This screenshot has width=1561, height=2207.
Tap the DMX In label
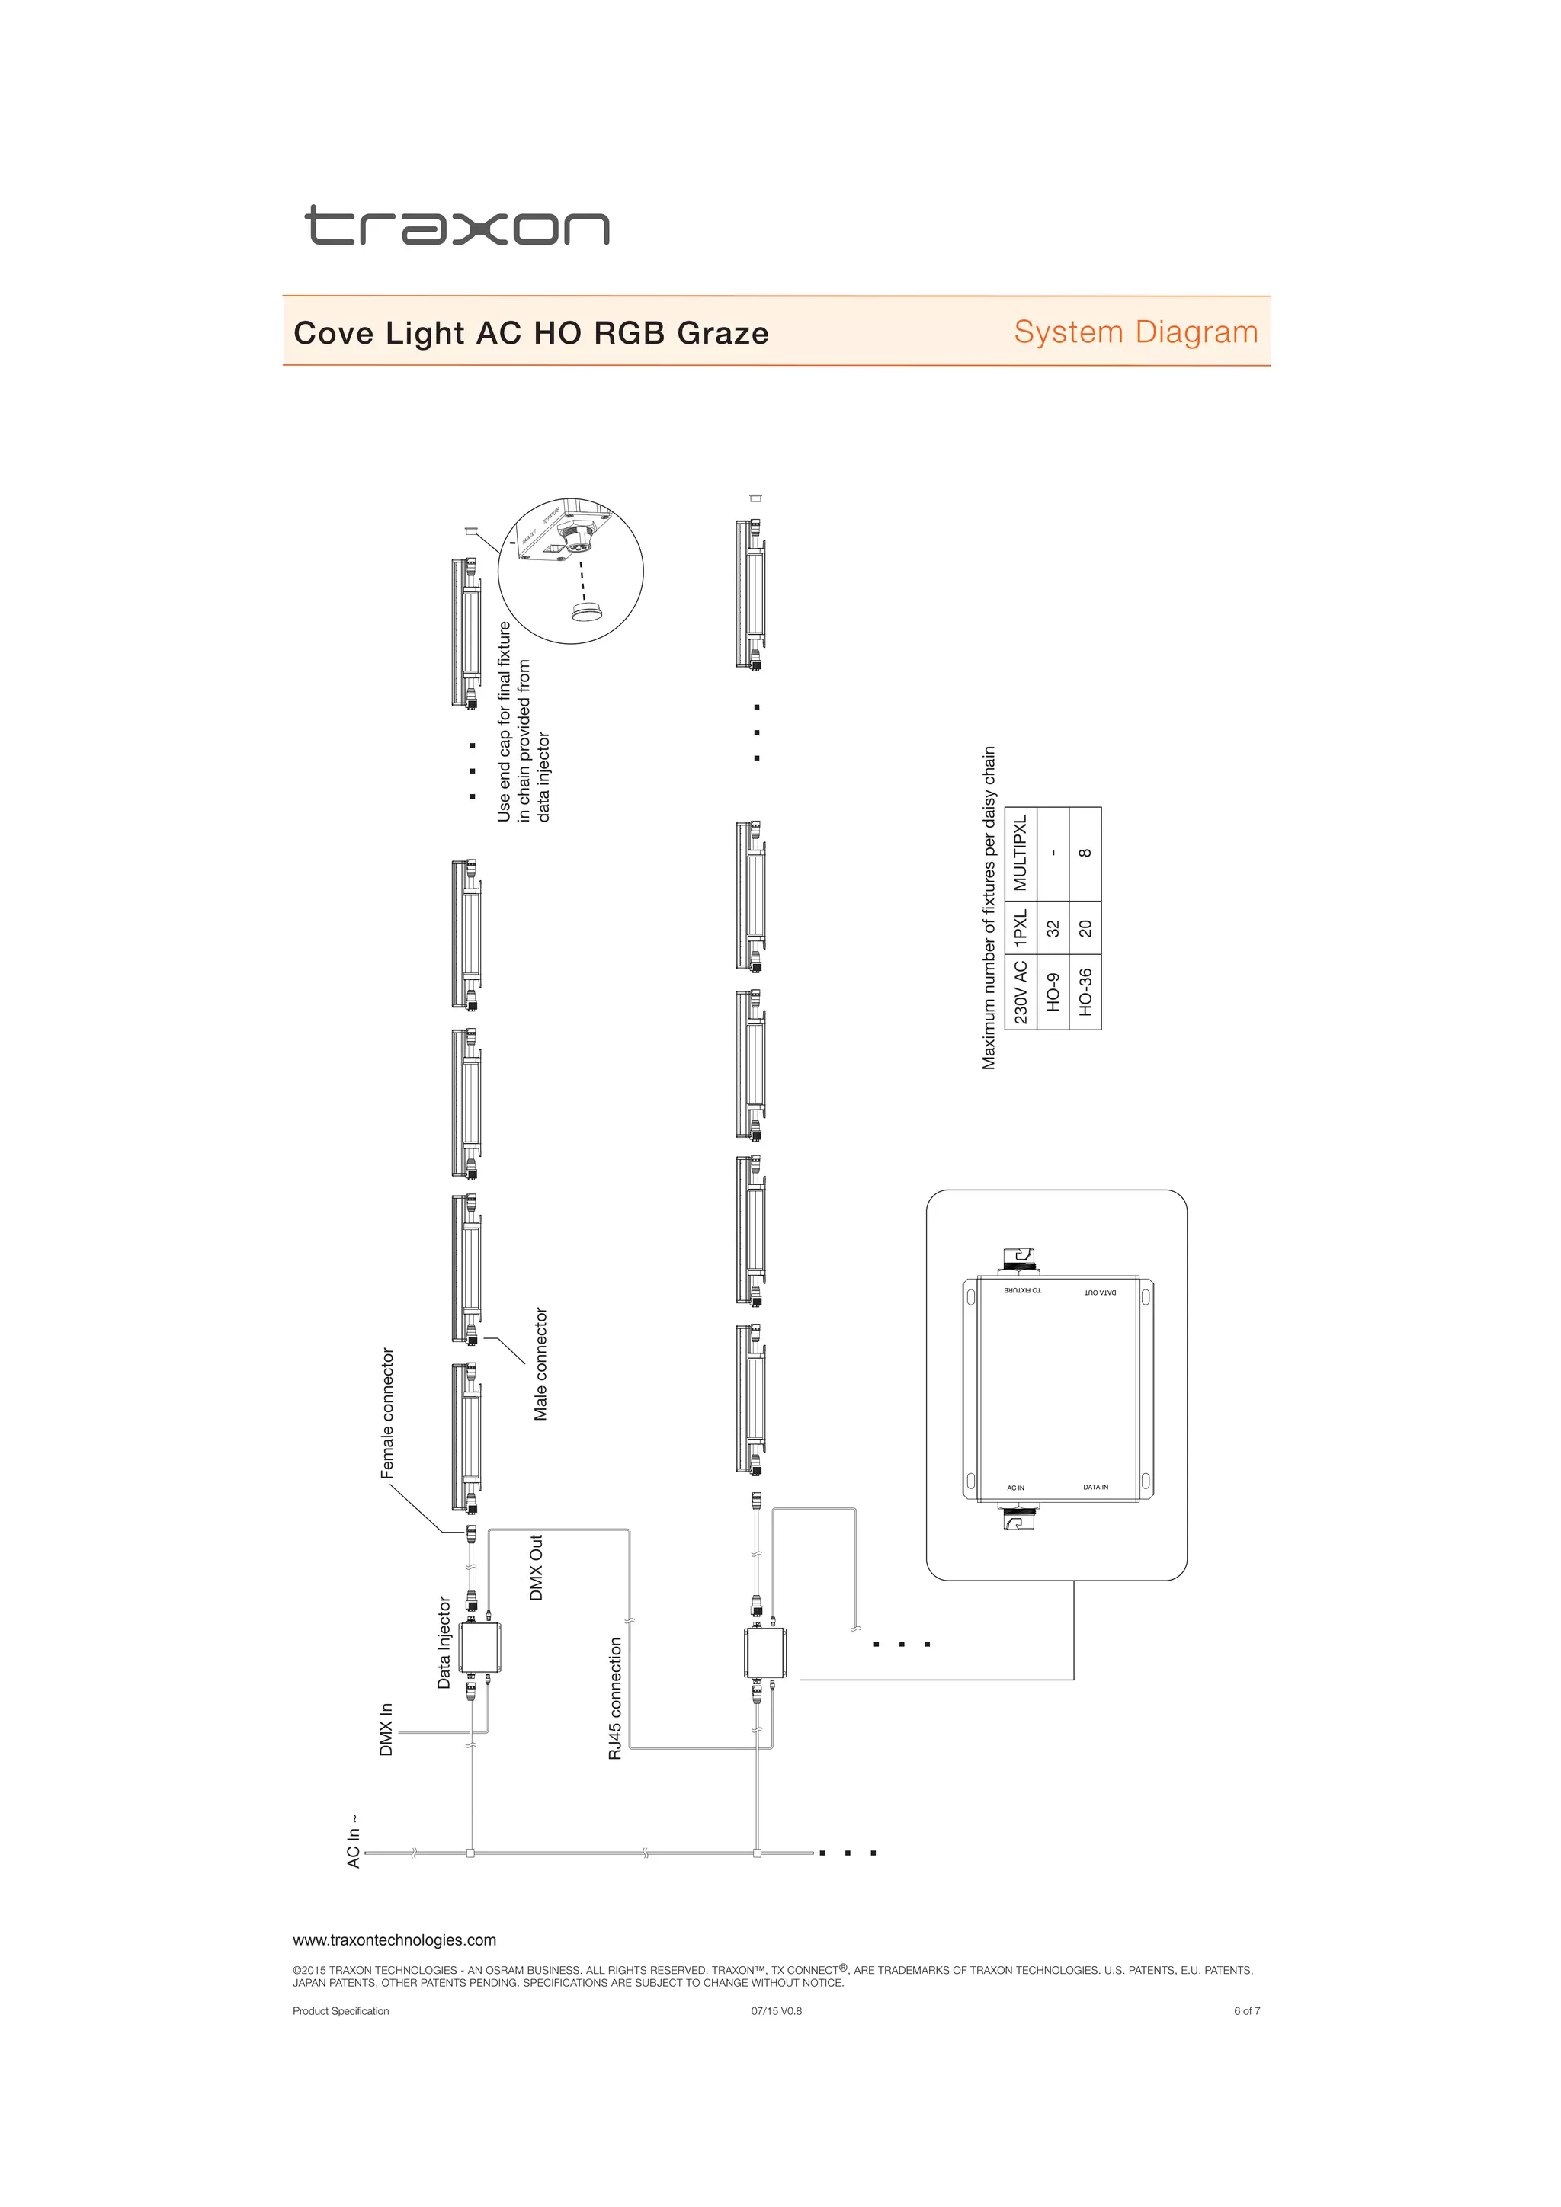[x=386, y=1729]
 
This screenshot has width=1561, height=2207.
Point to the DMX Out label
[x=537, y=1567]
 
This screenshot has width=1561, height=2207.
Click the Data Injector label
[x=444, y=1643]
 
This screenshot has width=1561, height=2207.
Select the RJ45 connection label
[x=615, y=1699]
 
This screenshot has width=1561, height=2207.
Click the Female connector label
[x=387, y=1413]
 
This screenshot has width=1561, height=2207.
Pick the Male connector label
[x=540, y=1364]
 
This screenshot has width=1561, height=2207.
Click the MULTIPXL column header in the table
[x=1021, y=852]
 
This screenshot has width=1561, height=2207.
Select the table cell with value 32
[x=1053, y=927]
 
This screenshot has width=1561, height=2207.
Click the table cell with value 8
[x=1085, y=853]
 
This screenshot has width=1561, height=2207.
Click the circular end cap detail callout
[x=570, y=571]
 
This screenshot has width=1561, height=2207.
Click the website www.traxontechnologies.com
[x=394, y=1940]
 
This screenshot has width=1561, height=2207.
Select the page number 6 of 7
[x=1247, y=2011]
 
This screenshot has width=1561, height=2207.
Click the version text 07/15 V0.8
[x=776, y=2011]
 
